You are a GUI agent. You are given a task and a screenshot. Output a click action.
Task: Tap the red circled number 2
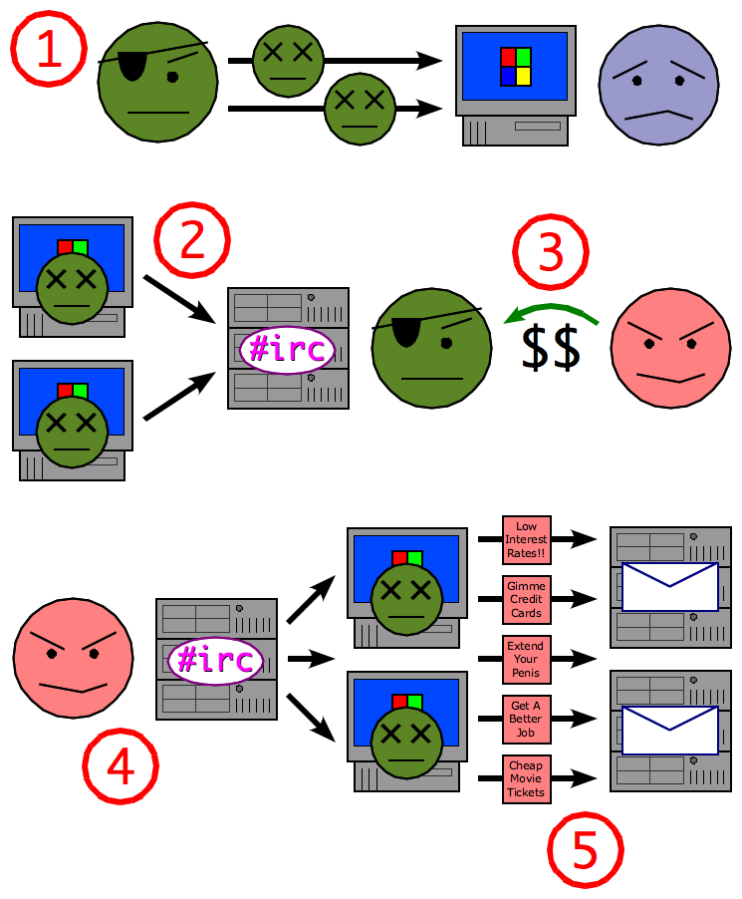point(192,240)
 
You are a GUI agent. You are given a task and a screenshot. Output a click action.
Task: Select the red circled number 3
point(551,252)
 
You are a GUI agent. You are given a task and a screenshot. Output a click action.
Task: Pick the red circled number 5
point(585,850)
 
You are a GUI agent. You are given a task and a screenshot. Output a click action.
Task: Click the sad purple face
point(658,86)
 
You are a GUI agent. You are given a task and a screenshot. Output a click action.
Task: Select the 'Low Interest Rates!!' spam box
point(527,540)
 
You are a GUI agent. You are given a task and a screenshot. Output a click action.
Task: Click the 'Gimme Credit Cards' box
point(527,599)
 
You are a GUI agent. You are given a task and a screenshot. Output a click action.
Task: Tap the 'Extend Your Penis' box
point(526,659)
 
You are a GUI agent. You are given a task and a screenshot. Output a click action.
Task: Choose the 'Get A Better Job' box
point(526,719)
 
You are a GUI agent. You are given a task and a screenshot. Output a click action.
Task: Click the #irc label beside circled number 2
point(287,350)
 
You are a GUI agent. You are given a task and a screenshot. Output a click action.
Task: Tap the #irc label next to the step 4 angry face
point(215,659)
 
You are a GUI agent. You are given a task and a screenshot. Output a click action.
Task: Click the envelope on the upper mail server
point(669,586)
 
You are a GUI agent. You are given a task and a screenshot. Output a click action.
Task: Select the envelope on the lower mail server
point(669,730)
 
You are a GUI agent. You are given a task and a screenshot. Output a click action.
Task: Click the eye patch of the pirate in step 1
point(133,65)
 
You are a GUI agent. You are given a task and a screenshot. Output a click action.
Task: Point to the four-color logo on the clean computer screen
point(516,66)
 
